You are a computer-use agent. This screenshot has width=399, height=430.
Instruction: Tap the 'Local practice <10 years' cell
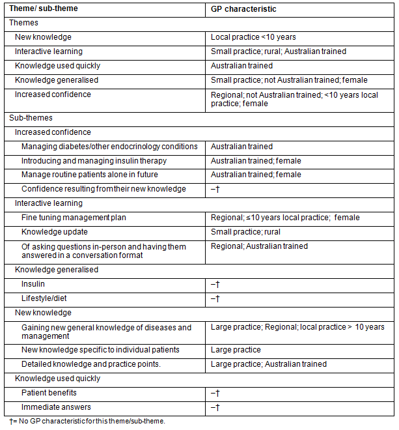[254, 37]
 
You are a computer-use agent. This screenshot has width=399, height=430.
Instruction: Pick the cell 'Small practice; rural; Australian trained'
[279, 51]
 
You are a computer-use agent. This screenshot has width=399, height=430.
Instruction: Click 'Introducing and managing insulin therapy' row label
[94, 161]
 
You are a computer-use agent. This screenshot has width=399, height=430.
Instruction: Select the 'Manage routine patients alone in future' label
[90, 175]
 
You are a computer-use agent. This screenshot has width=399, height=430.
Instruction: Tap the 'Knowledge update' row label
[55, 232]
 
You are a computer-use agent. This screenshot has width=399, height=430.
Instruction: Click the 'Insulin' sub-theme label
[33, 285]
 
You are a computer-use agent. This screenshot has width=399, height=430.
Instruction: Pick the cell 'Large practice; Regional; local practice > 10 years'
[297, 327]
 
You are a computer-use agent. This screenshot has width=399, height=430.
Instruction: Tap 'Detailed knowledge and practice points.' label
[91, 364]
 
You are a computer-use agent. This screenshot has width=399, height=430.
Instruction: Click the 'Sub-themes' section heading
[31, 118]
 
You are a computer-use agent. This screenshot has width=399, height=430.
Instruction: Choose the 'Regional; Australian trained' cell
[259, 246]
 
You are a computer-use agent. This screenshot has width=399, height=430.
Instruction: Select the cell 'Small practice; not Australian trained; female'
[289, 80]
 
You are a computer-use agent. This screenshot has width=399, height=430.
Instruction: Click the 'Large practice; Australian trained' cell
[269, 364]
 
